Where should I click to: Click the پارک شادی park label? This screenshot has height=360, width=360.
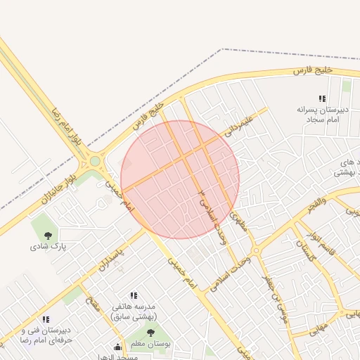pyautogui.click(x=47, y=247)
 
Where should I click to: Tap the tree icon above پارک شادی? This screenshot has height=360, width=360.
pyautogui.click(x=48, y=236)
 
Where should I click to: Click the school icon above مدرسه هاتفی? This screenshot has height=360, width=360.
pyautogui.click(x=134, y=296)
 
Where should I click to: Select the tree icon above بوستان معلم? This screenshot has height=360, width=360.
pyautogui.click(x=150, y=333)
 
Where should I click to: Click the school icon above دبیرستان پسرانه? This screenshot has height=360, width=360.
pyautogui.click(x=321, y=99)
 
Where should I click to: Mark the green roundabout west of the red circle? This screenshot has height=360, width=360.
pyautogui.click(x=94, y=162)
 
